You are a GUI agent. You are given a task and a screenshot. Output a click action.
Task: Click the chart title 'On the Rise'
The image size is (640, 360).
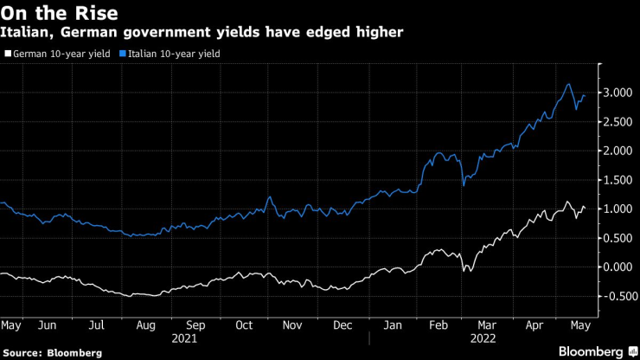(x=60, y=14)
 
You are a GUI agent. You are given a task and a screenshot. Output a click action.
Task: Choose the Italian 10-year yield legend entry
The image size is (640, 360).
(x=172, y=54)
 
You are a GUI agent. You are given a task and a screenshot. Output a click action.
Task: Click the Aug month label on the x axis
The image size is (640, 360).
(x=145, y=326)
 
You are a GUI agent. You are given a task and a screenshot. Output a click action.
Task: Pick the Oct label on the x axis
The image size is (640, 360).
(x=244, y=326)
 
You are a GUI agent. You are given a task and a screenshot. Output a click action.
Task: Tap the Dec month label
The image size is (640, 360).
(x=342, y=326)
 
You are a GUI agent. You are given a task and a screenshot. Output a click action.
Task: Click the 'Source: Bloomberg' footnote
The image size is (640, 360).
(x=53, y=352)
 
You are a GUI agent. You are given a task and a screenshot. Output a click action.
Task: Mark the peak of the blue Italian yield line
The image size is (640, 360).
(x=568, y=84)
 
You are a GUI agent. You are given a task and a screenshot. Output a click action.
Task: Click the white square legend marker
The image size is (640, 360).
(x=8, y=54)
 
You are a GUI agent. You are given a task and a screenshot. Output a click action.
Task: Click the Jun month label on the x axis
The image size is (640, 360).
(x=47, y=326)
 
